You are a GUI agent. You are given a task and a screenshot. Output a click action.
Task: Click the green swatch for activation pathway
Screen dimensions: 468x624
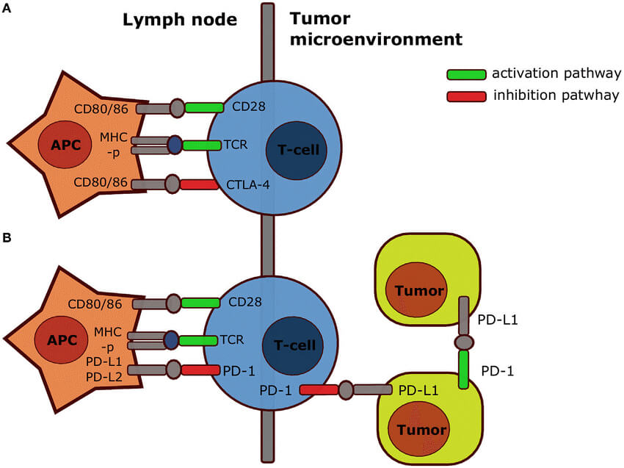[466, 74]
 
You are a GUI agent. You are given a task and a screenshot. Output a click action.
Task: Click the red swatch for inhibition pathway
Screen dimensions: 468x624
[466, 96]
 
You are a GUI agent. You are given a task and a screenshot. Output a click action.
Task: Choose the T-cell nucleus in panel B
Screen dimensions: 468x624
[292, 345]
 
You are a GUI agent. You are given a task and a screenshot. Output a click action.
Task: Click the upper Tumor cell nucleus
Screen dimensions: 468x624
[415, 290]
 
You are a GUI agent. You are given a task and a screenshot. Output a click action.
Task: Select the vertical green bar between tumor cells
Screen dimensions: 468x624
[463, 370]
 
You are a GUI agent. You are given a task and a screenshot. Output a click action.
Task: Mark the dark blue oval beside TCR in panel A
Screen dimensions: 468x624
[174, 145]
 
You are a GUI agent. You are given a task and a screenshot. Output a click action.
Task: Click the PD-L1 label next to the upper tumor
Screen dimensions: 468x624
[494, 320]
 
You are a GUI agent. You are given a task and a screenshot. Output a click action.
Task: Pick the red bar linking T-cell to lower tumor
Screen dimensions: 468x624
[318, 389]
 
